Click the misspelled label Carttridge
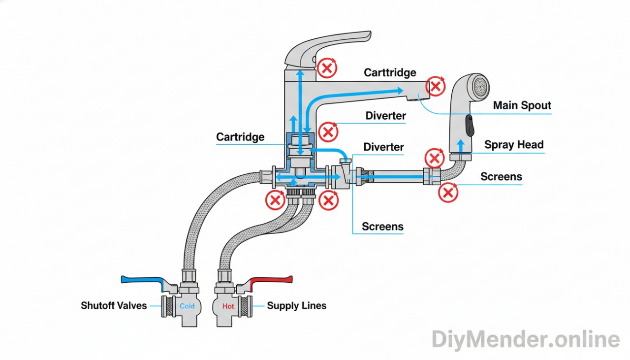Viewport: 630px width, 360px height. coord(390,73)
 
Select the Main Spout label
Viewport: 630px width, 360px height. coord(522,105)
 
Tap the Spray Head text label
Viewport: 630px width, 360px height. coord(514,145)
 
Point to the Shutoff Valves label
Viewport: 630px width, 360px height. coord(114,306)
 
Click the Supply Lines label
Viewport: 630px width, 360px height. coord(296,306)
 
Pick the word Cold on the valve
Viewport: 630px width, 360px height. coord(187,306)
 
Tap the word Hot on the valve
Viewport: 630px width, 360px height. coord(228,306)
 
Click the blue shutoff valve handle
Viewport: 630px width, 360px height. coord(143,280)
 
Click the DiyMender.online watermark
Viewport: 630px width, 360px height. coord(525,340)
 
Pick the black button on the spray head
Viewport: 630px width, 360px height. coord(470,126)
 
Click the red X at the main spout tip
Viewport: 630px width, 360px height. coord(436,86)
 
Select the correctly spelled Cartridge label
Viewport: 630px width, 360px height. coord(240,137)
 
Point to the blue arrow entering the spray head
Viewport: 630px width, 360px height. coord(461,146)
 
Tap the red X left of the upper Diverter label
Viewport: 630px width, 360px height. coord(328,131)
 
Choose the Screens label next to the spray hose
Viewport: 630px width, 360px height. coord(501,177)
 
